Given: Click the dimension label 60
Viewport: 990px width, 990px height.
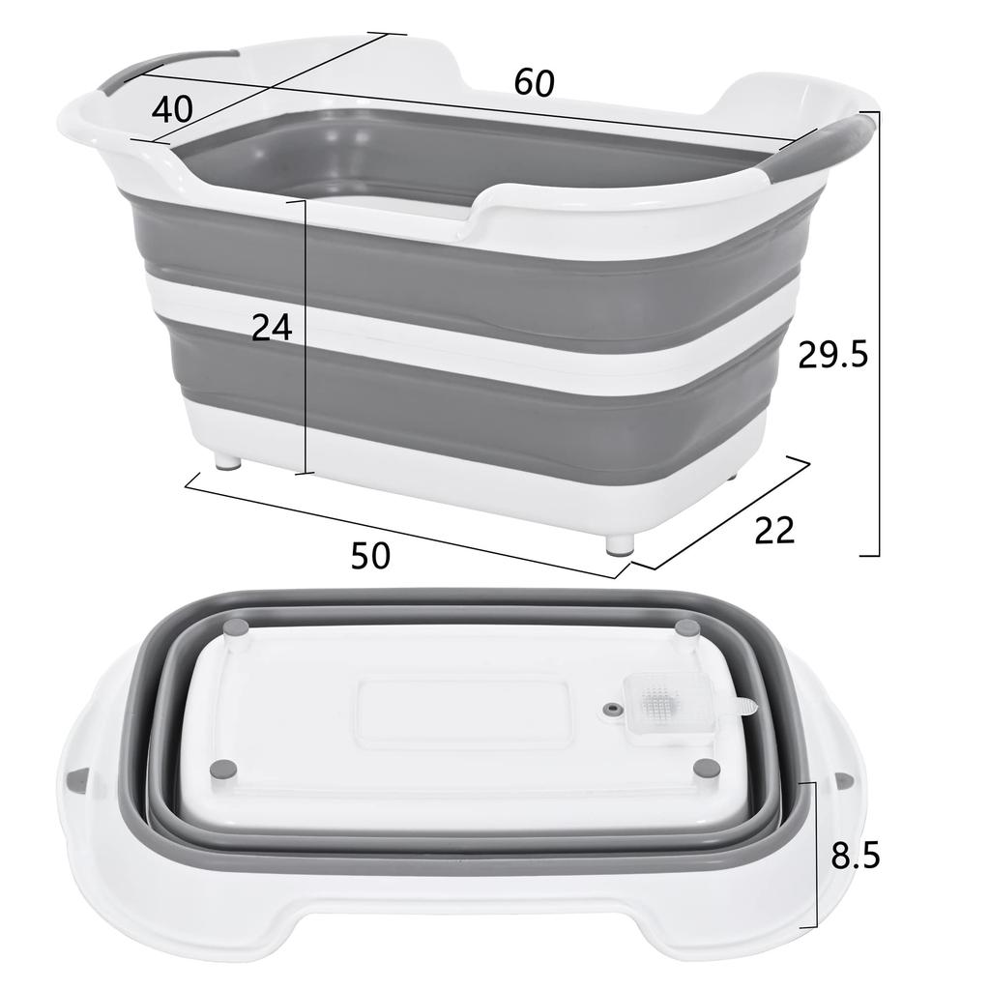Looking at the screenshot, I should tap(534, 83).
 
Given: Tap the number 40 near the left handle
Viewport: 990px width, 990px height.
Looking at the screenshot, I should tap(172, 108).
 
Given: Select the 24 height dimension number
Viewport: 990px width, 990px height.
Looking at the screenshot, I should tap(272, 329).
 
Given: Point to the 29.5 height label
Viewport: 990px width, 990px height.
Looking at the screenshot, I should tap(832, 356).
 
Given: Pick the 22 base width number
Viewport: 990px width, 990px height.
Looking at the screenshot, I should tap(774, 530).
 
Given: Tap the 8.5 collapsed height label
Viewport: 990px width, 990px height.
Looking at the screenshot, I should tap(855, 856).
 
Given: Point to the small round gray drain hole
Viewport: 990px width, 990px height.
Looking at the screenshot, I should tap(609, 711).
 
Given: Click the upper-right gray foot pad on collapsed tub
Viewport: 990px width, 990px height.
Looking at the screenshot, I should tap(687, 628).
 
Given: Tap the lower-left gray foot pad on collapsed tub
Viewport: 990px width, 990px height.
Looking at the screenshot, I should tap(224, 769).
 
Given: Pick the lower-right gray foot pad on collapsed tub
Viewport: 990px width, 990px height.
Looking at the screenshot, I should tap(707, 769).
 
